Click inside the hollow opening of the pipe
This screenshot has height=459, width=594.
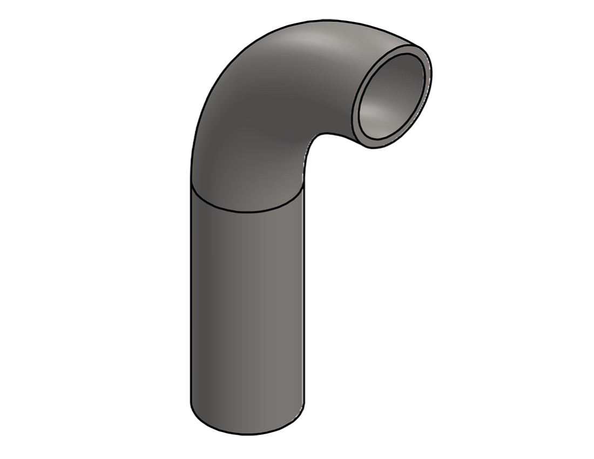coord(390,97)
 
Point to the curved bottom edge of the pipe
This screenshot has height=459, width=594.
coord(247,433)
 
